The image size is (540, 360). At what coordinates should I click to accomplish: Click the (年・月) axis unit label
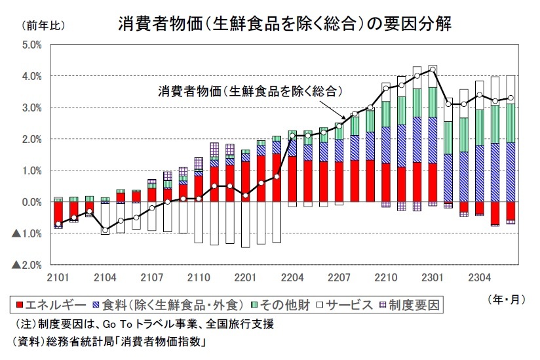tap(506, 299)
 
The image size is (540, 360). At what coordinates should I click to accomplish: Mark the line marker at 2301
tap(433, 70)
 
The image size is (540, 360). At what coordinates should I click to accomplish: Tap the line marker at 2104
tap(105, 230)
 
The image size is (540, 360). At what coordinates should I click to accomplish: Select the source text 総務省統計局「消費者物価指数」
tap(128, 342)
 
